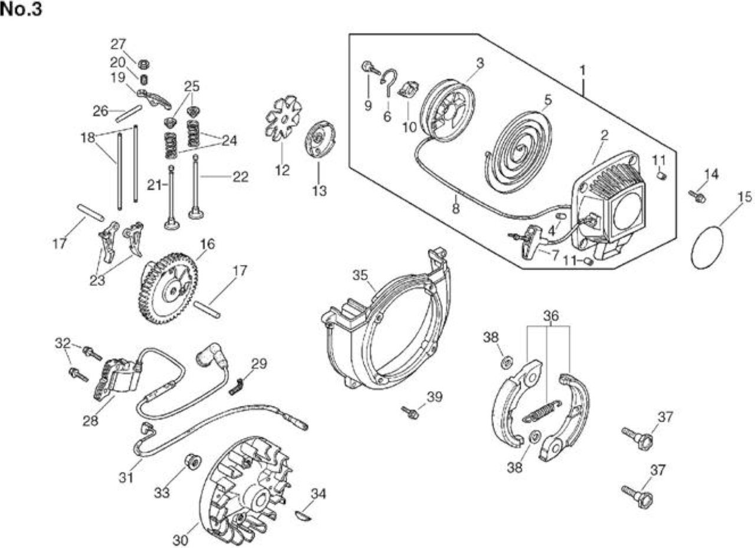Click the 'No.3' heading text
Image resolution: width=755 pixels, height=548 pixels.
pos(21,9)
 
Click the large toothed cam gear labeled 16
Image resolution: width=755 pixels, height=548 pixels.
pos(168,288)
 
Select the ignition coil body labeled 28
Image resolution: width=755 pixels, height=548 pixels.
pos(116,379)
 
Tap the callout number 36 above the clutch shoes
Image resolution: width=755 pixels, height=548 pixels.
pos(551,316)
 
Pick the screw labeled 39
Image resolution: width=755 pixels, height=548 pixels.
pos(410,413)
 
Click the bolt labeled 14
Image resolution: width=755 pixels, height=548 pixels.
pos(697,196)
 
